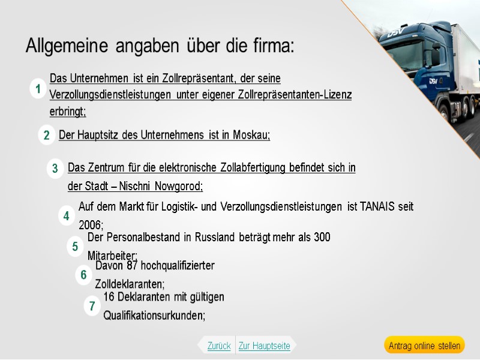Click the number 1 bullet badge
pos(38,90)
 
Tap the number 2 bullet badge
pos(46,136)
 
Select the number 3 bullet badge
pos(55,169)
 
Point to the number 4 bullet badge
pos(66,216)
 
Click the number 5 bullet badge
pos(75,246)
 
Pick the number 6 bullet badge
pos(84,275)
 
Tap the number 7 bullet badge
pos(92,306)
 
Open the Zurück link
pos(218,346)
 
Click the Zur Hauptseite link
pos(264,346)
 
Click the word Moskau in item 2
pos(251,135)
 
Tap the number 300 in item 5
pos(322,238)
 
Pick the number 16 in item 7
pos(109,297)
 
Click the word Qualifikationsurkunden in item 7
pos(154,316)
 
